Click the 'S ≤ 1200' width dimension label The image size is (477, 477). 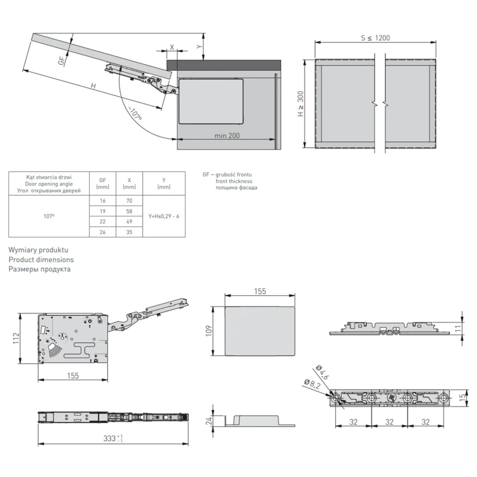click(375, 38)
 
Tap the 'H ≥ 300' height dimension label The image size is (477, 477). click(300, 103)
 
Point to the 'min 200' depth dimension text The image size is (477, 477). click(227, 136)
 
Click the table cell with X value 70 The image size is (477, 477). click(129, 201)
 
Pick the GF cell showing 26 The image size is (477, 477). click(102, 232)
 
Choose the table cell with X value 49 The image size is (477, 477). click(129, 221)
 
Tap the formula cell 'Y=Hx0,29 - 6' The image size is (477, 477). click(164, 216)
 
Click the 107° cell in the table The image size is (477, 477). click(48, 216)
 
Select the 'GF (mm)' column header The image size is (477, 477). click(102, 184)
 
